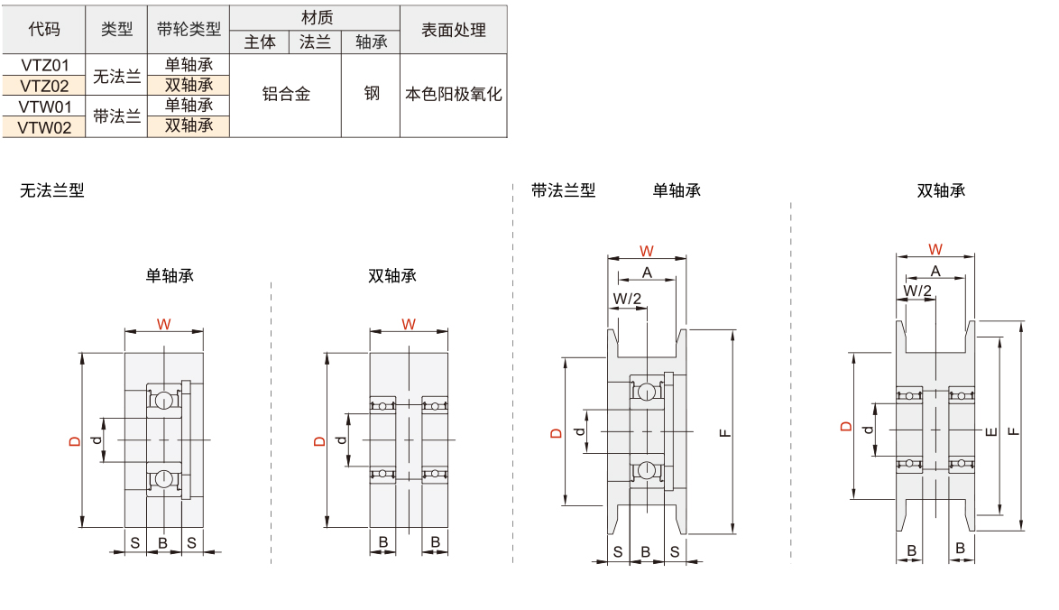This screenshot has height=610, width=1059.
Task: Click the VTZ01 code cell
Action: tap(44, 65)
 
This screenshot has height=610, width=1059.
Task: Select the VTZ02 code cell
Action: tap(44, 86)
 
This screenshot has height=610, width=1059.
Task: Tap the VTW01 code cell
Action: tap(44, 106)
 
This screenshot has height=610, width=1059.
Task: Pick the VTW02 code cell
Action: tap(44, 127)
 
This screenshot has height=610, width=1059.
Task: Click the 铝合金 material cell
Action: tap(286, 94)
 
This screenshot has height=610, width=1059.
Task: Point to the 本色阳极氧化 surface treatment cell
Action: tap(453, 94)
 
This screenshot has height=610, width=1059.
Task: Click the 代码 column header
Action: tap(44, 29)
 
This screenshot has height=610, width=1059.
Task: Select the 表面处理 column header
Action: tap(453, 29)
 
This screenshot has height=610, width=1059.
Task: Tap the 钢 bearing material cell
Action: tap(371, 94)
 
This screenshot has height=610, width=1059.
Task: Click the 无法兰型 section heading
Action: tap(51, 190)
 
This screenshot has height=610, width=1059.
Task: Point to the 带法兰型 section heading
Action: tap(563, 190)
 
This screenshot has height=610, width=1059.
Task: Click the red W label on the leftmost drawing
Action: tap(163, 324)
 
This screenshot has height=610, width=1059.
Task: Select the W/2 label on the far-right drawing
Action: tap(917, 291)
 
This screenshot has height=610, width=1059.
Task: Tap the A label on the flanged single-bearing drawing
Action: tap(646, 273)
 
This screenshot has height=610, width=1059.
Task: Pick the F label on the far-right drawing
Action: tap(1013, 430)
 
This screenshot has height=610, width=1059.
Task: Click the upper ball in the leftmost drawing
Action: tap(163, 401)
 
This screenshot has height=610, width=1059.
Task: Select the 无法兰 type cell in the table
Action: tap(116, 76)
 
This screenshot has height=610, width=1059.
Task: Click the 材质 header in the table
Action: tap(316, 17)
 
